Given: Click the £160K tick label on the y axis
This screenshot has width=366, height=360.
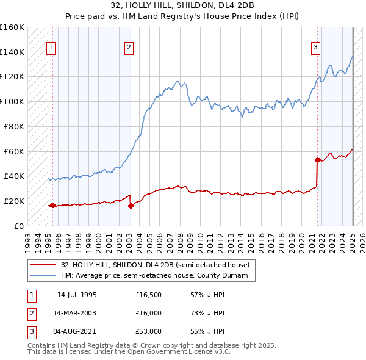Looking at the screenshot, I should pyautogui.click(x=12, y=27).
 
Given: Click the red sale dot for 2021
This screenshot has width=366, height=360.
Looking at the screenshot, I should pyautogui.click(x=317, y=160).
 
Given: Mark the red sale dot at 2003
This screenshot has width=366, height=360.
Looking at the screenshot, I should pyautogui.click(x=131, y=206).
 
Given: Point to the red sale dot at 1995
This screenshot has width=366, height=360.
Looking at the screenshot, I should pyautogui.click(x=52, y=205).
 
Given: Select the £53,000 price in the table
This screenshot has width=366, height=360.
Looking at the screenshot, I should pyautogui.click(x=148, y=331).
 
